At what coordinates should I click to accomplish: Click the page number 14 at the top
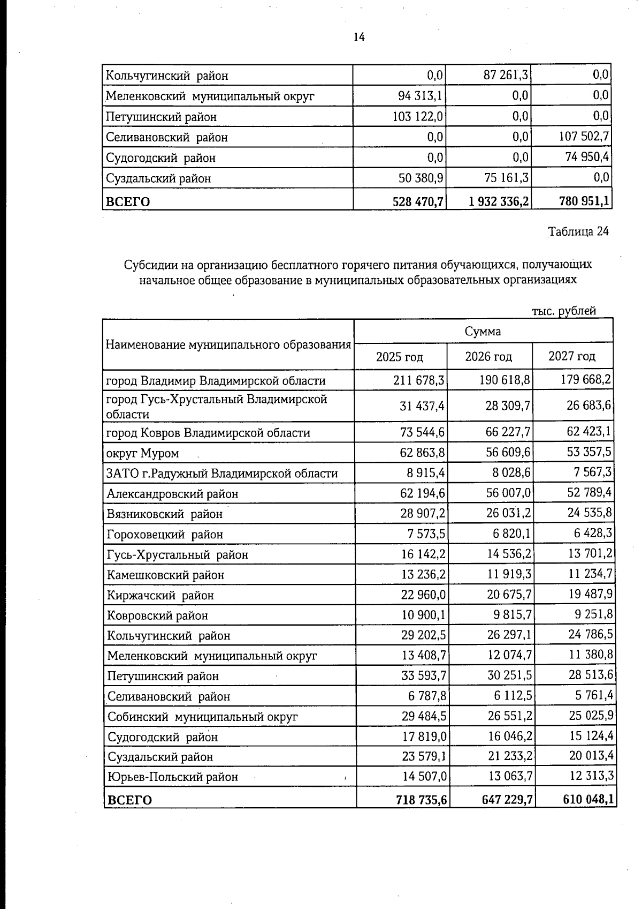359,37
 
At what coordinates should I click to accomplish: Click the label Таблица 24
578,231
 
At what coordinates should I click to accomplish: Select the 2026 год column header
488,357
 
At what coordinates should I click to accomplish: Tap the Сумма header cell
483,331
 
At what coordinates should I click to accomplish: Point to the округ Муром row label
142,453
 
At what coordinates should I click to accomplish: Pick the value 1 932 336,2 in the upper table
499,201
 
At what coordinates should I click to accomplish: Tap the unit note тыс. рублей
564,311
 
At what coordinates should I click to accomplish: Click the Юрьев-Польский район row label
172,777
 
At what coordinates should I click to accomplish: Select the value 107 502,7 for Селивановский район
583,137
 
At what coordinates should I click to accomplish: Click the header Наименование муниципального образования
228,344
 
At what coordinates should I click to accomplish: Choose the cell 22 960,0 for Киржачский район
423,595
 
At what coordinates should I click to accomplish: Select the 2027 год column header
572,357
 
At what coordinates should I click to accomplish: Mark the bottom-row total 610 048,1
588,800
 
